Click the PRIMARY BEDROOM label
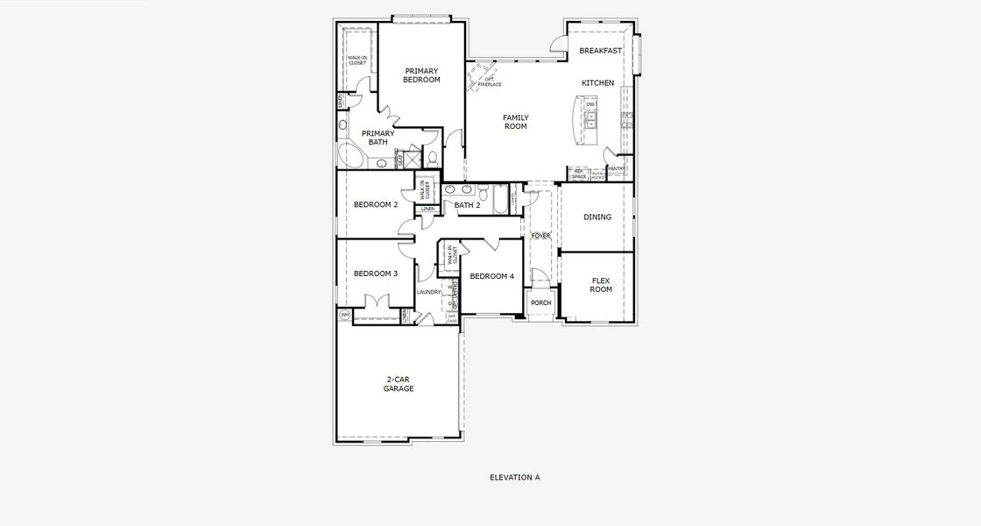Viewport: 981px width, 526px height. tap(421, 75)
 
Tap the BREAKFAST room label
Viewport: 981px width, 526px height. tap(601, 51)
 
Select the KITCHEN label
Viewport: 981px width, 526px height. tap(598, 83)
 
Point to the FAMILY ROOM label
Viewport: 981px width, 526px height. tap(515, 122)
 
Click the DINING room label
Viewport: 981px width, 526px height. tap(597, 217)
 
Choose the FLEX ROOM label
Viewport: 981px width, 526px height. tap(601, 285)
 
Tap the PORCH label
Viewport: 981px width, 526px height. tap(541, 303)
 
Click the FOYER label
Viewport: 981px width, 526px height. tap(540, 236)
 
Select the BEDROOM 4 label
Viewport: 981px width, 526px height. tap(491, 277)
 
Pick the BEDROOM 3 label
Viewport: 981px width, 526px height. tap(376, 274)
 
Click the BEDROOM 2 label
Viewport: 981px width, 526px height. tap(376, 205)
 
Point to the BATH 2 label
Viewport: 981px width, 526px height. tap(467, 206)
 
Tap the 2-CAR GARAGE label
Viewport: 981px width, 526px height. tap(399, 384)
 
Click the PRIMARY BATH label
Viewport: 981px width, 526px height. tap(378, 138)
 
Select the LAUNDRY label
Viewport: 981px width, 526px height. tap(428, 292)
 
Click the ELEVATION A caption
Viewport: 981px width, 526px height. tap(514, 478)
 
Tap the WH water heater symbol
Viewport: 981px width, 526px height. tap(344, 314)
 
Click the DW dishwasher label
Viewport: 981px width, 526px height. tap(590, 105)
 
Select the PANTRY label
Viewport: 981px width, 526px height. tap(616, 168)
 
